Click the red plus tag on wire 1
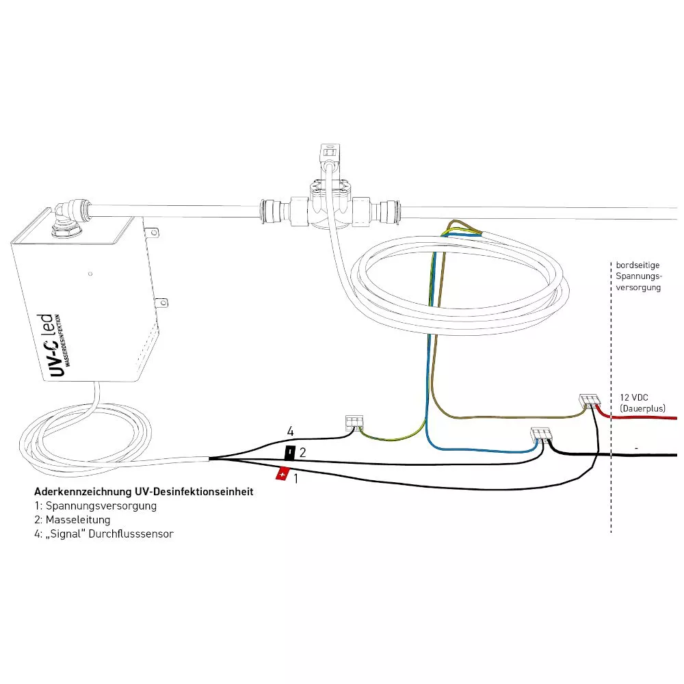click(281, 473)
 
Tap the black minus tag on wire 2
click(290, 452)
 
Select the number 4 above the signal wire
click(290, 432)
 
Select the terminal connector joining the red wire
click(589, 401)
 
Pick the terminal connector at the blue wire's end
click(541, 434)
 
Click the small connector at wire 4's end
click(354, 422)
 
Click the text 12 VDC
click(635, 397)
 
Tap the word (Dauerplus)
click(642, 408)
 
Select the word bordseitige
click(638, 265)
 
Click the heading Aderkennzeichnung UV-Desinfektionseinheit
click(144, 491)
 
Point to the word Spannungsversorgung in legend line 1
click(100, 506)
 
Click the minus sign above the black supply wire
click(637, 447)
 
